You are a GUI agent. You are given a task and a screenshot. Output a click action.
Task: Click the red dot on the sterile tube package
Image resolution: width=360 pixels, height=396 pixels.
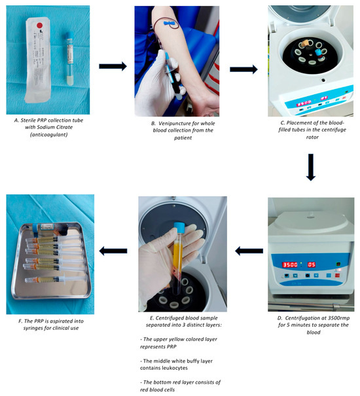(40, 26)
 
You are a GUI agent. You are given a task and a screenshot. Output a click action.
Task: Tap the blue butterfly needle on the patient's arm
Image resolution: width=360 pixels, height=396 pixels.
(169, 24)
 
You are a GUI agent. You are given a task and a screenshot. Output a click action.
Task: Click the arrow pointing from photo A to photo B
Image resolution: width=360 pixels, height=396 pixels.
(113, 66)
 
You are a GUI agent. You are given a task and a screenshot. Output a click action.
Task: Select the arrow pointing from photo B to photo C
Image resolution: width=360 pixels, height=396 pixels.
(243, 69)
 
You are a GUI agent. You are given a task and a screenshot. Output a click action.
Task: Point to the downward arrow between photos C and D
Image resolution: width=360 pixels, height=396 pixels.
(311, 167)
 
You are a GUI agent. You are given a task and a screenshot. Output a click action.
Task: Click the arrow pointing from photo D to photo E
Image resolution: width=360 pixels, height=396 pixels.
(249, 251)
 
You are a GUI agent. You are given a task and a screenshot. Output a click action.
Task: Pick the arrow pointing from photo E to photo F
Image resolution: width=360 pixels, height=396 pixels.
(113, 251)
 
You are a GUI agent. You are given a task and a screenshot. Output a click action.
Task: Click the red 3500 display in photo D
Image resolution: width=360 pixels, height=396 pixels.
(290, 264)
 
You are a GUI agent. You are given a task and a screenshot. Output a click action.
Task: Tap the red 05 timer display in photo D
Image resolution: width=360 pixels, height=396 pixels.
(312, 264)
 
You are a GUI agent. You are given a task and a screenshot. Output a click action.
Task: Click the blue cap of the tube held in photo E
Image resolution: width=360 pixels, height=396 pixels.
(179, 227)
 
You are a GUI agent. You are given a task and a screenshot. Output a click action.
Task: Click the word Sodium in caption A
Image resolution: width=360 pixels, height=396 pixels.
(46, 127)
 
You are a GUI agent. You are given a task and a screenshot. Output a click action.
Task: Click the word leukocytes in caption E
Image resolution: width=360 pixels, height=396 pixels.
(175, 368)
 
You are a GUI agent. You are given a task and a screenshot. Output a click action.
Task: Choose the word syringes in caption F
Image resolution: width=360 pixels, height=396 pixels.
(33, 328)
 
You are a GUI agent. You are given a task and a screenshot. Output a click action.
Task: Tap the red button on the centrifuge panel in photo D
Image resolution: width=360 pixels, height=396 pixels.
(338, 275)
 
